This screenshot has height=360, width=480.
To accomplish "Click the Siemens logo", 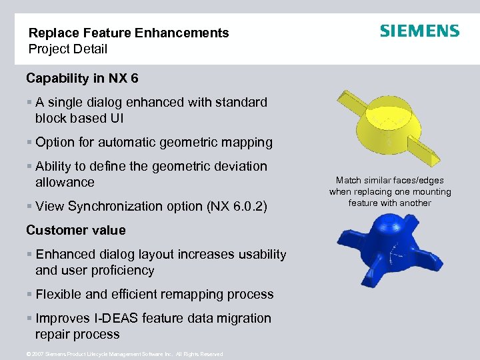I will [419, 31].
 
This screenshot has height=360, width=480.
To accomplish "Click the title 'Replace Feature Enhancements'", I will [129, 33].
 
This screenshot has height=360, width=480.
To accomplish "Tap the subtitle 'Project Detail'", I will [67, 49].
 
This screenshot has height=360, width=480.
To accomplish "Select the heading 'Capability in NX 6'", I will [82, 78].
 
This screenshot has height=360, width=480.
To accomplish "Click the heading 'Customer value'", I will [75, 230].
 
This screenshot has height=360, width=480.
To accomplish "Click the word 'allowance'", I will [65, 182].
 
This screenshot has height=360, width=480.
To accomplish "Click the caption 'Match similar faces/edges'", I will [389, 180].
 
